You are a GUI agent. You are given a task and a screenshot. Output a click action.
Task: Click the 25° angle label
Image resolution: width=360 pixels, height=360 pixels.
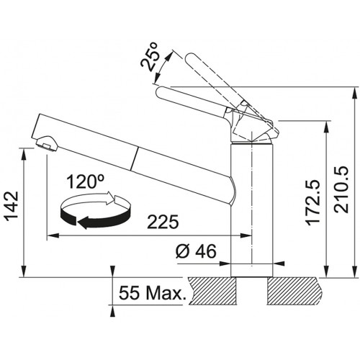(x=149, y=57)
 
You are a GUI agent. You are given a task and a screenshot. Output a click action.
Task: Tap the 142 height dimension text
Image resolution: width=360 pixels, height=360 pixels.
(x=12, y=207)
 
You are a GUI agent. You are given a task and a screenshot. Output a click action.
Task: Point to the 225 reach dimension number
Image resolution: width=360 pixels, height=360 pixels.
(x=163, y=222)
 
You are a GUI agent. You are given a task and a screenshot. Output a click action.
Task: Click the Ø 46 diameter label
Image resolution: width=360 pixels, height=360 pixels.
(x=196, y=251)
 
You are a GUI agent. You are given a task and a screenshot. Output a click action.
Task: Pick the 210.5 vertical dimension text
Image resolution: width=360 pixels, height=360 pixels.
(x=341, y=189)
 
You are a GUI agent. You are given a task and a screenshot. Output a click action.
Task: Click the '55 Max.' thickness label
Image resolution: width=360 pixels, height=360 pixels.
(x=153, y=293)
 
